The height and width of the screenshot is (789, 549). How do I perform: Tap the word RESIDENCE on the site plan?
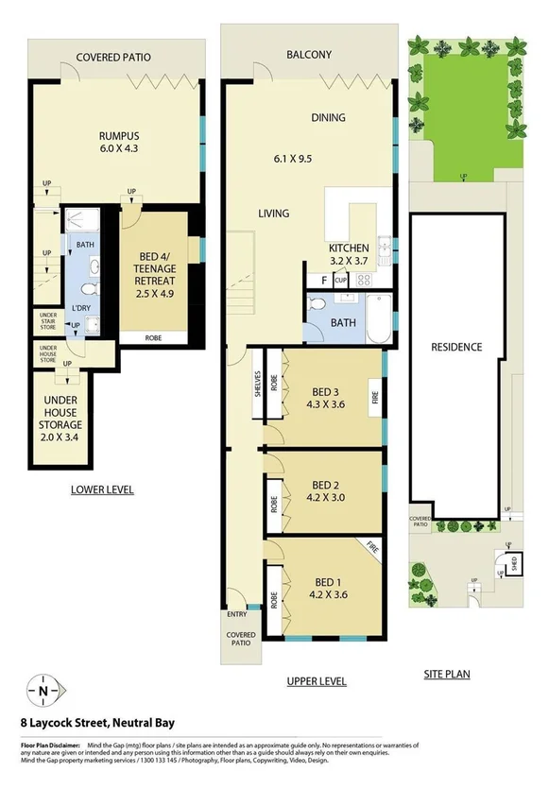[456, 347]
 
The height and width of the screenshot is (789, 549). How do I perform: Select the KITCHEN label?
[349, 247]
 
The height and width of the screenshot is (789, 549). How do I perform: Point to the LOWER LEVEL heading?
[102, 489]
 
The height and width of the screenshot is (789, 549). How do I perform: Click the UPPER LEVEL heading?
[316, 680]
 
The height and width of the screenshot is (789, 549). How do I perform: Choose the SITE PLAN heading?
[448, 674]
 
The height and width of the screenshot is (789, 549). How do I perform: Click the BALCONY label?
[309, 55]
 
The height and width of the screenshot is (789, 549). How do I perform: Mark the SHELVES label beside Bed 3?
[257, 388]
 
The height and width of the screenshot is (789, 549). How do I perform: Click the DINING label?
[329, 118]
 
